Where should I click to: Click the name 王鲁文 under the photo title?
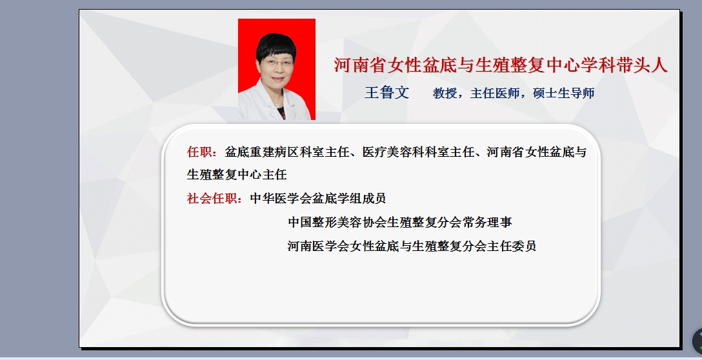pyautogui.click(x=387, y=93)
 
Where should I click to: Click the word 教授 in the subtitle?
pyautogui.click(x=445, y=93)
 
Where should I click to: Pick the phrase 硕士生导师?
pyautogui.click(x=564, y=93)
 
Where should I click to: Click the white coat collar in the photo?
pyautogui.click(x=268, y=99)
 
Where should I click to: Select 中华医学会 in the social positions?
pyautogui.click(x=281, y=198)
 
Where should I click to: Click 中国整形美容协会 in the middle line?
pyautogui.click(x=337, y=222)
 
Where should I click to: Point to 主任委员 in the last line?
pyautogui.click(x=512, y=246)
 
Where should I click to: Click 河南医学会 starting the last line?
pyautogui.click(x=318, y=246)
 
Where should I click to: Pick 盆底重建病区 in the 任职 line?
pyautogui.click(x=261, y=152)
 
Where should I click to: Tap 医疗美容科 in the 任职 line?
pyautogui.click(x=393, y=152)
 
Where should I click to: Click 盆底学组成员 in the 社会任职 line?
pyautogui.click(x=349, y=198)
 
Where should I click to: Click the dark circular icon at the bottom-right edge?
pyautogui.click(x=697, y=341)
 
